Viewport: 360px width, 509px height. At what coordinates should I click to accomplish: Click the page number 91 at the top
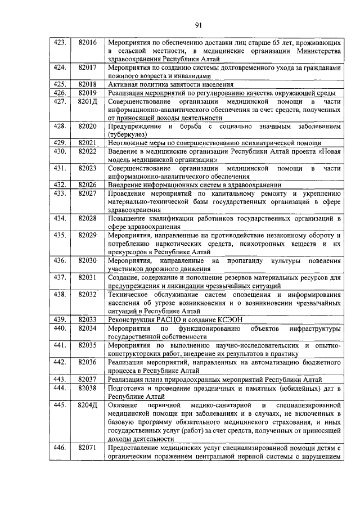pyautogui.click(x=199, y=24)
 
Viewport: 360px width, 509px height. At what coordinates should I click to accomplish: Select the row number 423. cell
pyautogui.click(x=60, y=43)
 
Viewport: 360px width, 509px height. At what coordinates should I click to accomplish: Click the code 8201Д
pyautogui.click(x=88, y=101)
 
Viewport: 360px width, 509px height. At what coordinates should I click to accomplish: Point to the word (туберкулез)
pyautogui.click(x=127, y=134)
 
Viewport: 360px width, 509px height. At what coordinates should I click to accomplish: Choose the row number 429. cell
pyautogui.click(x=60, y=143)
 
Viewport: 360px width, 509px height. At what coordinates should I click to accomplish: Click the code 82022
pyautogui.click(x=88, y=151)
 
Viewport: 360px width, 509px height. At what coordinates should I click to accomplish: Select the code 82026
pyautogui.click(x=88, y=184)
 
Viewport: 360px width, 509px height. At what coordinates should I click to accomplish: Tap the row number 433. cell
pyautogui.click(x=60, y=193)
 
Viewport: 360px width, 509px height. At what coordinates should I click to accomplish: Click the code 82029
pyautogui.click(x=88, y=235)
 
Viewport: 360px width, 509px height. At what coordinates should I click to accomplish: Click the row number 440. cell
pyautogui.click(x=60, y=327)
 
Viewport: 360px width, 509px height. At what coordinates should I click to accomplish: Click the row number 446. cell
pyautogui.click(x=60, y=447)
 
